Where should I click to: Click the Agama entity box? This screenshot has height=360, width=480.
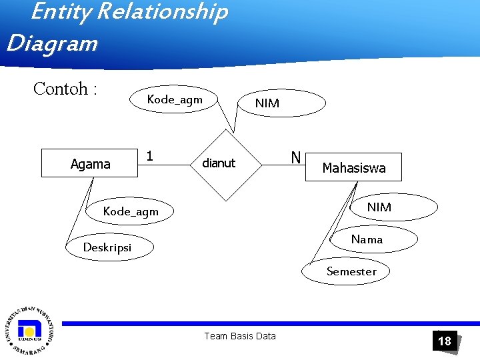coord(89,163)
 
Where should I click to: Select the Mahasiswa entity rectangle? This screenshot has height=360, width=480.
coord(353,167)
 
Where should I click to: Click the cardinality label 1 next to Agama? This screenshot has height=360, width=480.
coord(150,156)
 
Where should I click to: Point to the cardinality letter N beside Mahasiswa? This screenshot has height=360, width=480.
coord(295,158)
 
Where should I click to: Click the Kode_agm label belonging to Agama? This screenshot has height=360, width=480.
coord(131,212)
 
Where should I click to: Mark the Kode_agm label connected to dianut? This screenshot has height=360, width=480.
coord(175,99)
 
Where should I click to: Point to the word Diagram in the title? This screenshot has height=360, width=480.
coord(51,43)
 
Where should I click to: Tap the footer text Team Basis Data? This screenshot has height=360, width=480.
coord(239,336)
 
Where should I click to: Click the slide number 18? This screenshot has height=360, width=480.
coord(444,341)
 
